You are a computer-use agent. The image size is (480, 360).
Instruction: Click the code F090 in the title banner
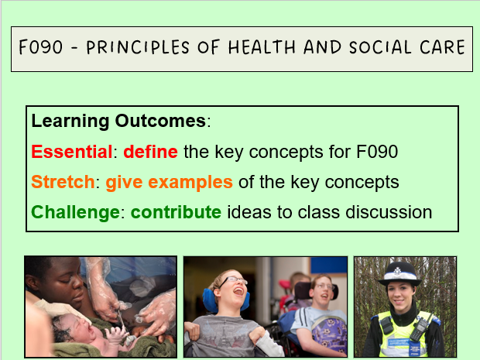(x=42, y=48)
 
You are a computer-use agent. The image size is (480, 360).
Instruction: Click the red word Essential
(x=72, y=152)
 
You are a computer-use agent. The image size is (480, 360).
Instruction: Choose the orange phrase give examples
(x=169, y=182)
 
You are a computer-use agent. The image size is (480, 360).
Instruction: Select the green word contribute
(x=176, y=212)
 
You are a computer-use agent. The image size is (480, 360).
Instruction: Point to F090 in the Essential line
(x=378, y=152)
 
